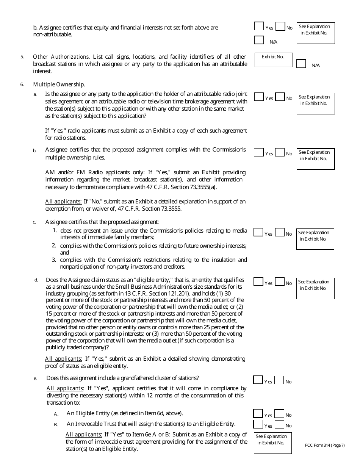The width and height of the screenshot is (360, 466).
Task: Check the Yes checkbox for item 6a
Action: [x=259, y=97]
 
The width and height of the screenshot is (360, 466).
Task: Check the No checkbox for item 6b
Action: [x=280, y=152]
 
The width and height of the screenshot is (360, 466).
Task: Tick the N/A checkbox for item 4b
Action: [x=259, y=40]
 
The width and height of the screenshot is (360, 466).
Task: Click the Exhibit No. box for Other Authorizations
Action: [x=273, y=60]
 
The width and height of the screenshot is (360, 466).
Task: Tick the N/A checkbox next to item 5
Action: [x=301, y=64]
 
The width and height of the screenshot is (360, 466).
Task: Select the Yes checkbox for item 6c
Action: [x=258, y=232]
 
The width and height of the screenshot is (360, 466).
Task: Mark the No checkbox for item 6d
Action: [x=280, y=282]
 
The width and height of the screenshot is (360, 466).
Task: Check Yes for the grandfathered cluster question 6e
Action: [x=258, y=380]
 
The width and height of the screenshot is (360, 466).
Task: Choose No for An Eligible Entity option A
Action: [x=279, y=414]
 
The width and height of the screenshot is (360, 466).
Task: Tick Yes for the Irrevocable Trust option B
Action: [x=258, y=424]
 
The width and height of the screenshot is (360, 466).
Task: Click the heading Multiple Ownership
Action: [x=59, y=84]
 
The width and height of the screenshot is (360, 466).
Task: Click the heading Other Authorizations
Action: [x=61, y=56]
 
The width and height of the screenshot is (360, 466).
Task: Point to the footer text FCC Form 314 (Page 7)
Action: [x=325, y=445]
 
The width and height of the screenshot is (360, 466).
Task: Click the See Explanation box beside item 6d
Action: [x=315, y=288]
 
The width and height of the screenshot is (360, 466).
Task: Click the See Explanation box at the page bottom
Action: [x=273, y=443]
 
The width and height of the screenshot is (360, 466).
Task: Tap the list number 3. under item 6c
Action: [x=54, y=260]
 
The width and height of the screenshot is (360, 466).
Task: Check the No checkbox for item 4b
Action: [x=280, y=27]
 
